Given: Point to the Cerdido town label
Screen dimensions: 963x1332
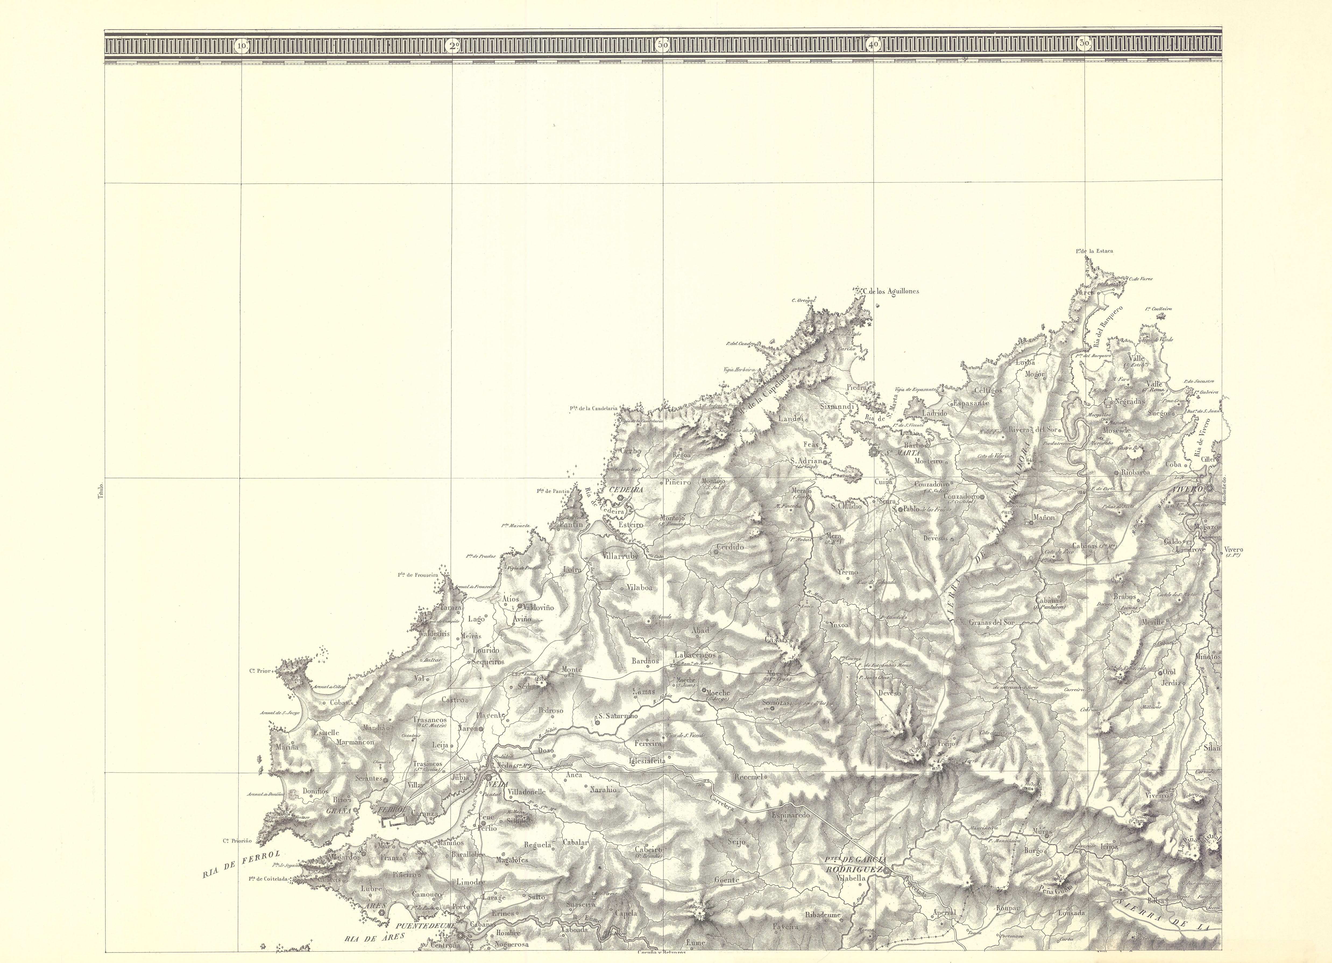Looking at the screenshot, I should point(729,546).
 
